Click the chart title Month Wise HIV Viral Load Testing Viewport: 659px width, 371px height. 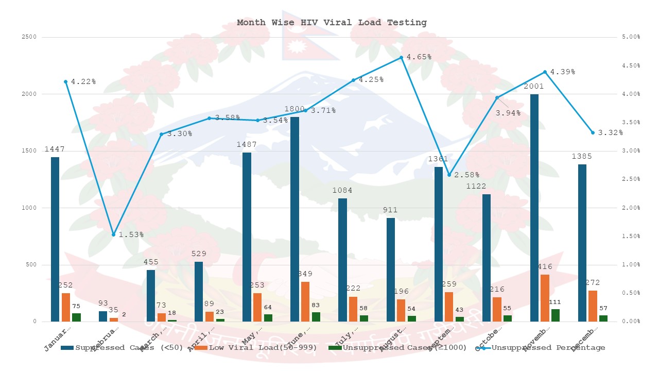coord(332,23)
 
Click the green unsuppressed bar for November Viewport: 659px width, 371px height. coord(556,315)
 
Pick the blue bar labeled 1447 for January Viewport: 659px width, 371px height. coord(55,239)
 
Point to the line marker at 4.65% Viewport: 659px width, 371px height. coord(402,57)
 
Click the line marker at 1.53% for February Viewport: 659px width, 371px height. coord(114,234)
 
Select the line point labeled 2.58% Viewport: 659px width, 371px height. coord(449,175)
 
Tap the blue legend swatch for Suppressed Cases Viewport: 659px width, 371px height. coord(67,348)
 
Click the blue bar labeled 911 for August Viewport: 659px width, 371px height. coord(391,269)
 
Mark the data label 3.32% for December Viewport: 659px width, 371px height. coord(610,133)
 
